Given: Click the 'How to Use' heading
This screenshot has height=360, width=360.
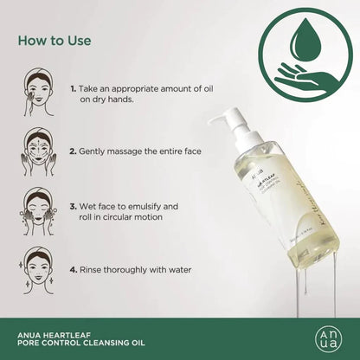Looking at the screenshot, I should coord(55,40).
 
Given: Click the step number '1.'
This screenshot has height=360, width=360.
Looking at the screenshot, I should coord(73,89).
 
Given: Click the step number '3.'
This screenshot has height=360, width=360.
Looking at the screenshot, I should coord(73,208).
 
